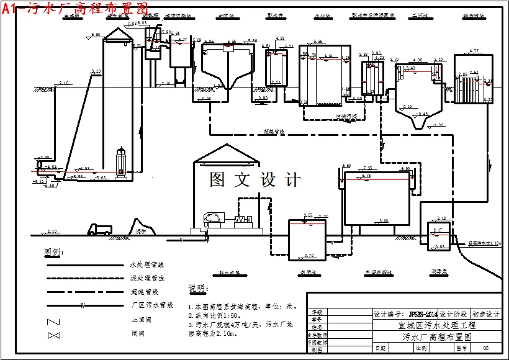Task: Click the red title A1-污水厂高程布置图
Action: (75, 8)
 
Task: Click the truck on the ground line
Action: (100, 230)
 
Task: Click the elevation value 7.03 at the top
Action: (132, 23)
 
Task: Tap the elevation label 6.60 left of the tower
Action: (96, 34)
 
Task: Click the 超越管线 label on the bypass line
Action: (274, 132)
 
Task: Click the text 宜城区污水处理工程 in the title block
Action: (436, 325)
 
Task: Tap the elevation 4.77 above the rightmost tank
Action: (474, 50)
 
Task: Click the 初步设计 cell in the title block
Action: (485, 315)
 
